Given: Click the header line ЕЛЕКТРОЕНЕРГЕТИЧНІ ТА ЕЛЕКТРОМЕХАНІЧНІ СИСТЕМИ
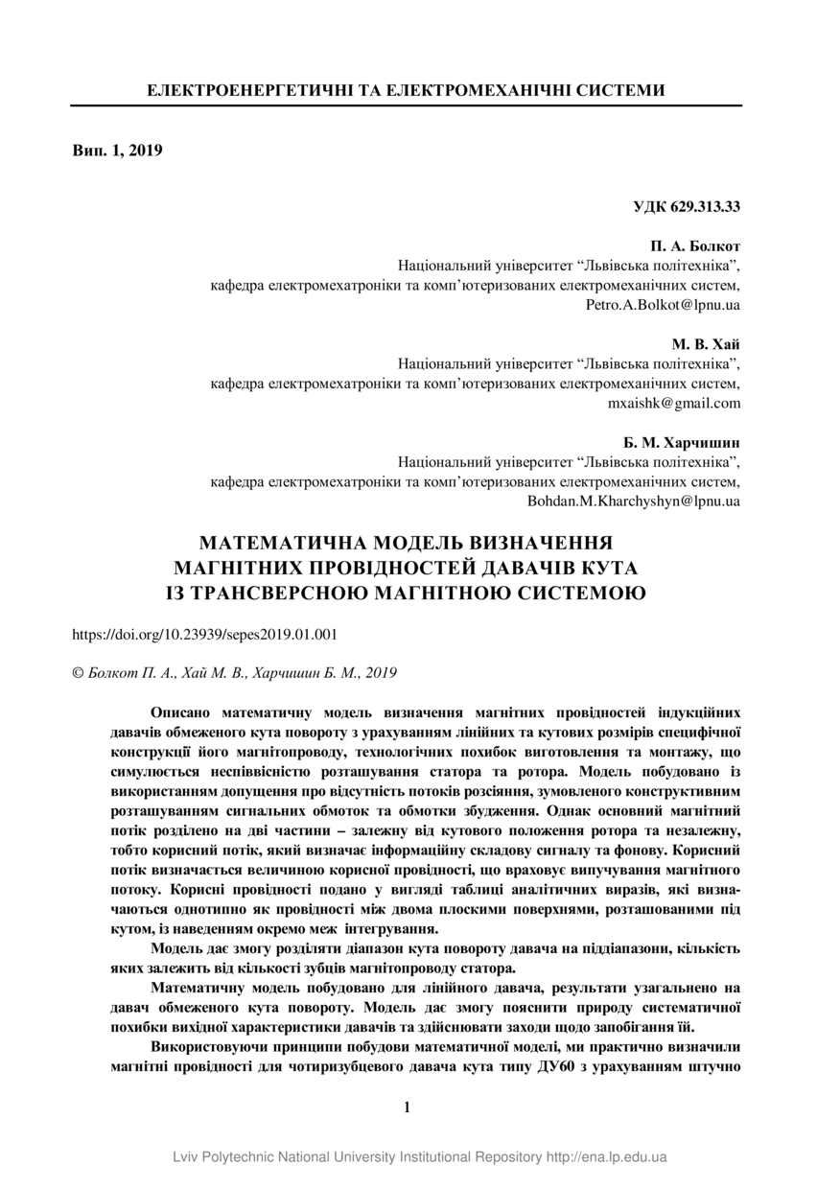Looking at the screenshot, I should [x=406, y=90].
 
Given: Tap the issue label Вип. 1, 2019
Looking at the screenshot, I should [x=118, y=151].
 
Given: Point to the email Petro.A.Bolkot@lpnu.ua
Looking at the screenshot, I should [x=662, y=305].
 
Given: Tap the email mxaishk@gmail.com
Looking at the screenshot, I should [x=674, y=404].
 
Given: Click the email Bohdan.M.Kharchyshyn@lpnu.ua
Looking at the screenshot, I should [x=634, y=501].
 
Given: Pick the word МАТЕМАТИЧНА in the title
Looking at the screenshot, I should [x=275, y=544].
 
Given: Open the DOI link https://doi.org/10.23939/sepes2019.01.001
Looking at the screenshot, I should [x=205, y=635].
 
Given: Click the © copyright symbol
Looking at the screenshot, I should [x=79, y=674].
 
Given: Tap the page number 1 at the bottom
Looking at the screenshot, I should [x=407, y=1107].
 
